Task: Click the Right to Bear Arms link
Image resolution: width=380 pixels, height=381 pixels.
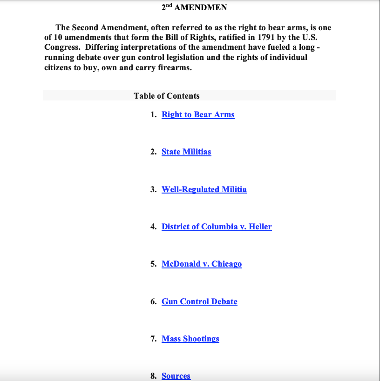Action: [198, 115]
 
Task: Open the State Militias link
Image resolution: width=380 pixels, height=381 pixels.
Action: [186, 152]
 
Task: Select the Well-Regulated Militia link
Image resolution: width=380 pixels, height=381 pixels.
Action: [204, 190]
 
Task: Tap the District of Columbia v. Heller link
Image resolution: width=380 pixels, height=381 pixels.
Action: [217, 227]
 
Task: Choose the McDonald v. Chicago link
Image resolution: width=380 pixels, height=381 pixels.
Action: [202, 264]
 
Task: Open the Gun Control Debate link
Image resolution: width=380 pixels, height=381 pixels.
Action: [199, 302]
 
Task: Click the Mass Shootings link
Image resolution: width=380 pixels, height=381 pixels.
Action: [190, 339]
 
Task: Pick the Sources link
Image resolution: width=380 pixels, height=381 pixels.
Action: [176, 376]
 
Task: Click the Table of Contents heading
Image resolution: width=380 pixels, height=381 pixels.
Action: [167, 96]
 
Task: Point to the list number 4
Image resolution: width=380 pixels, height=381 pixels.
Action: [153, 227]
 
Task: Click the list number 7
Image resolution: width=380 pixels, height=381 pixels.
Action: [153, 339]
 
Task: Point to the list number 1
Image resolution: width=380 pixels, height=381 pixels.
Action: [153, 115]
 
